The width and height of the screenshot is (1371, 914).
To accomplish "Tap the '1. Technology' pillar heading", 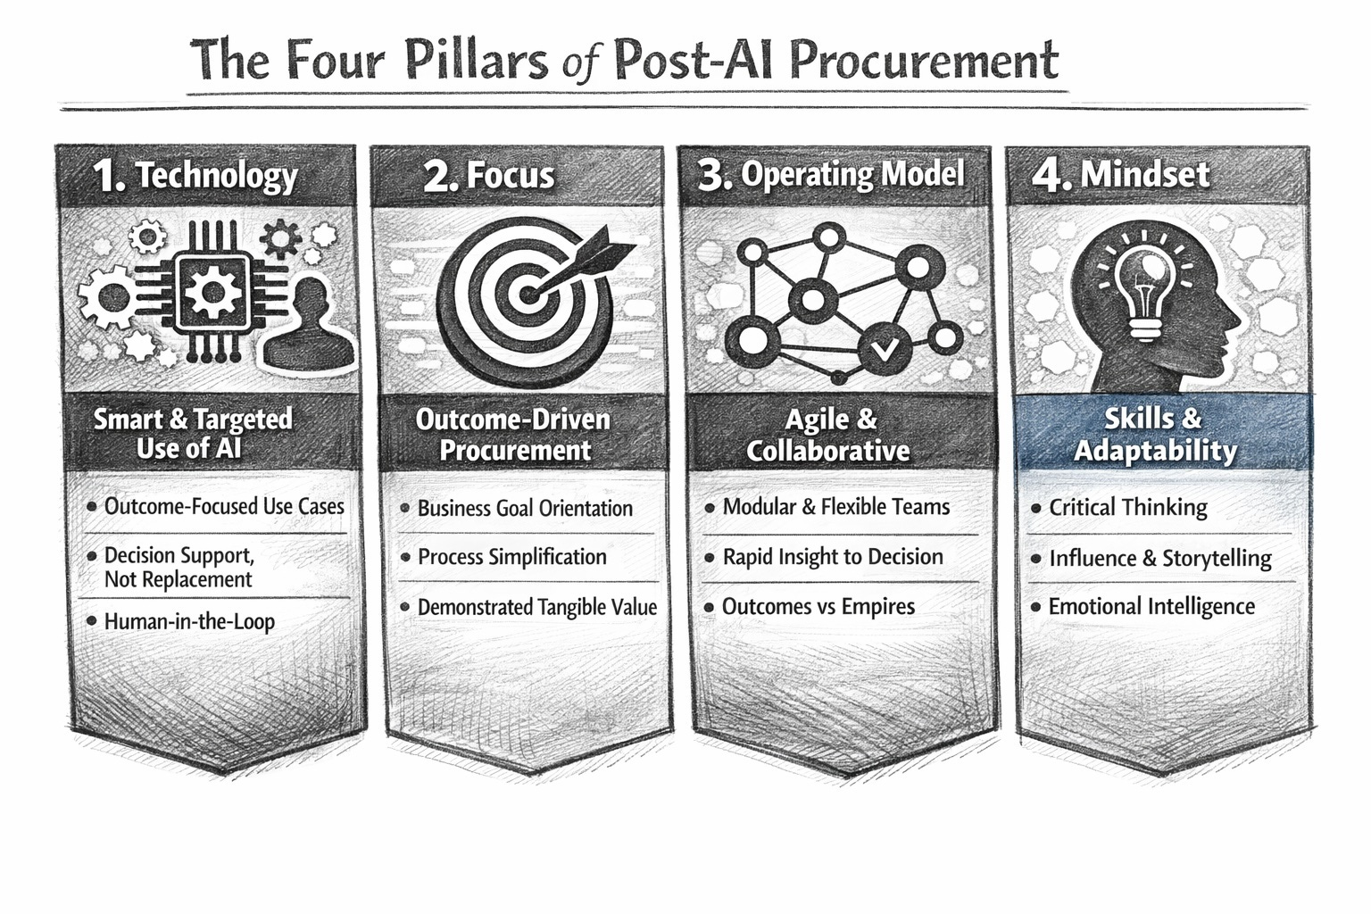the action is point(195,176).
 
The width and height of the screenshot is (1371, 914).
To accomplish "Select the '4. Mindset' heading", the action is point(1121,174).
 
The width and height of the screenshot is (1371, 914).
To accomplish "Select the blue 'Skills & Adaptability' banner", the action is point(1156,435).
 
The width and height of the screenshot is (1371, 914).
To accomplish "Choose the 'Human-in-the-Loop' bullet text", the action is point(189,621).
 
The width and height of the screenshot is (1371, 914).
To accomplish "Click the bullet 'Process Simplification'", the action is point(511,557).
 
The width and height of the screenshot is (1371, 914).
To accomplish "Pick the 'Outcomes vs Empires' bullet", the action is point(818,607).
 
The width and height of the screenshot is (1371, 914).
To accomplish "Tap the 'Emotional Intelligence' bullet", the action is point(1151,607).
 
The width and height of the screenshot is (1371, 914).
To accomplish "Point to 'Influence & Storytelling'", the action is point(1159,559).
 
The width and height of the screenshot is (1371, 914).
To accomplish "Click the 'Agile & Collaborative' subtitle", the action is point(827,435).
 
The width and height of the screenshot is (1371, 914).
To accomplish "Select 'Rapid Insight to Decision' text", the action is point(832,557).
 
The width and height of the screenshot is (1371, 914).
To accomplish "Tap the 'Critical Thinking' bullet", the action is point(1127,508).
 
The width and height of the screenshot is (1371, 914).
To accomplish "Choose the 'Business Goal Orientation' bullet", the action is point(524,509).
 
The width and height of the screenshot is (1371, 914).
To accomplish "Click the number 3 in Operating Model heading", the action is point(712,175).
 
